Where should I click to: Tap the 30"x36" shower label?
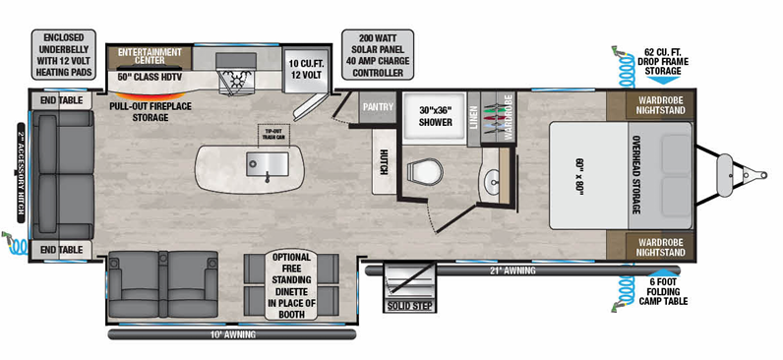click(433, 116)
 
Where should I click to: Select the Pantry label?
click(378, 104)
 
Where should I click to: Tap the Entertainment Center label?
click(149, 52)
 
